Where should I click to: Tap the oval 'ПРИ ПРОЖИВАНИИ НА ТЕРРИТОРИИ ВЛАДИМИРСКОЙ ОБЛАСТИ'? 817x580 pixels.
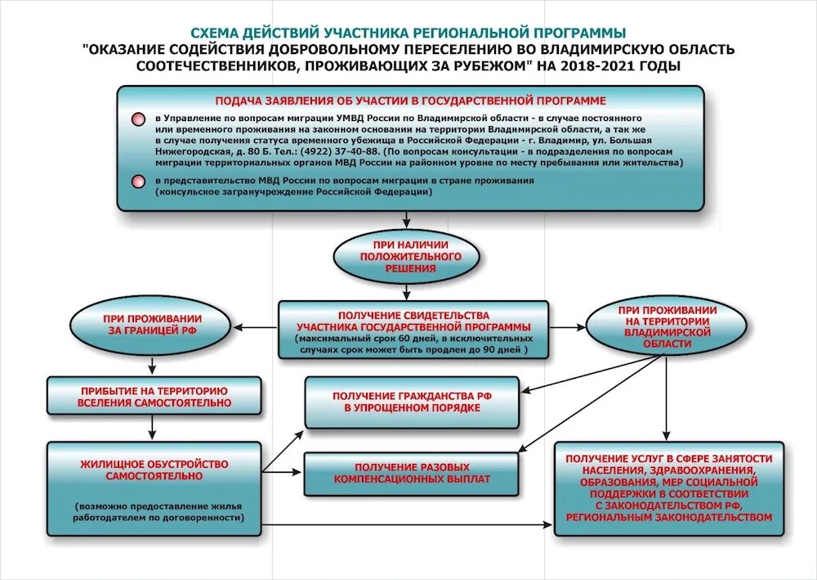point(667,327)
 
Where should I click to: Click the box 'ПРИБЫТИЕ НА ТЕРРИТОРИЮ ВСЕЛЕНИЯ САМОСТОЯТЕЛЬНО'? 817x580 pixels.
point(154,397)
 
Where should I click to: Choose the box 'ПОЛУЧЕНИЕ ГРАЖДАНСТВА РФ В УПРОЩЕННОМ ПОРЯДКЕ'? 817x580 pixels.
point(412,402)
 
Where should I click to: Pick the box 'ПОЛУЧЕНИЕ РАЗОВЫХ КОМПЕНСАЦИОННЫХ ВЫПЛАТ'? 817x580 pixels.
point(412,472)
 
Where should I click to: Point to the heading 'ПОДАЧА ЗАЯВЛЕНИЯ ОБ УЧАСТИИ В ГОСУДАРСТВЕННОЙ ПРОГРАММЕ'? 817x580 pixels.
point(410,101)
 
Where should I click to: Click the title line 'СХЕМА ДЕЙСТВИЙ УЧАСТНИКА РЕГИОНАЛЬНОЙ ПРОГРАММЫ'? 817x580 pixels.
point(408,33)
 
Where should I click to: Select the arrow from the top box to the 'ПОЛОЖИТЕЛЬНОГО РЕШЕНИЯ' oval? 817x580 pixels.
point(406,218)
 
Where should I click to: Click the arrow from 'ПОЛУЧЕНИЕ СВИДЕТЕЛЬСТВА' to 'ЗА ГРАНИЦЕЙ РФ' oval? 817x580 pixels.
point(257,328)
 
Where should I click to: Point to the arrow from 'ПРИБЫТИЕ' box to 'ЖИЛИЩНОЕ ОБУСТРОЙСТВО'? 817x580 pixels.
point(153,427)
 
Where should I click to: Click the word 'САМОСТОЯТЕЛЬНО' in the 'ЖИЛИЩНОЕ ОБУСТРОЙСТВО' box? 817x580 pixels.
point(154,476)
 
